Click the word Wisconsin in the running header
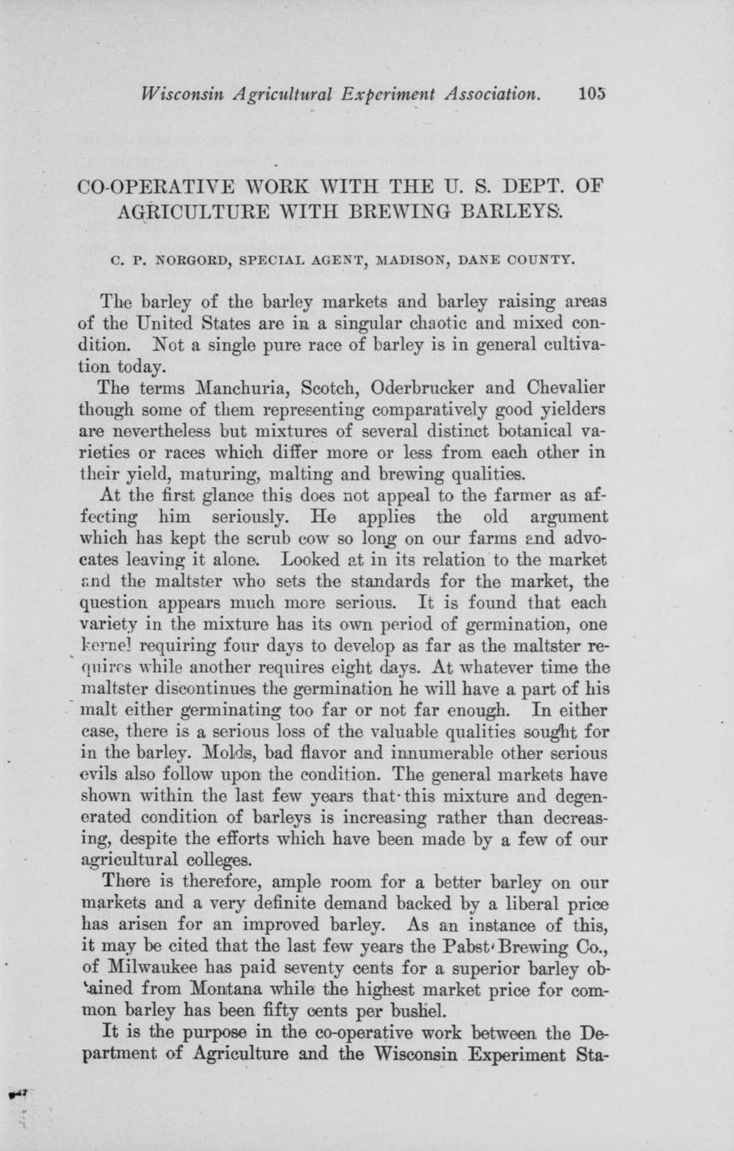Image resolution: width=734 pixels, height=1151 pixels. coord(184,95)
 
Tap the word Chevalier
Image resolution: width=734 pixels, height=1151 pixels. coord(557,387)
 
